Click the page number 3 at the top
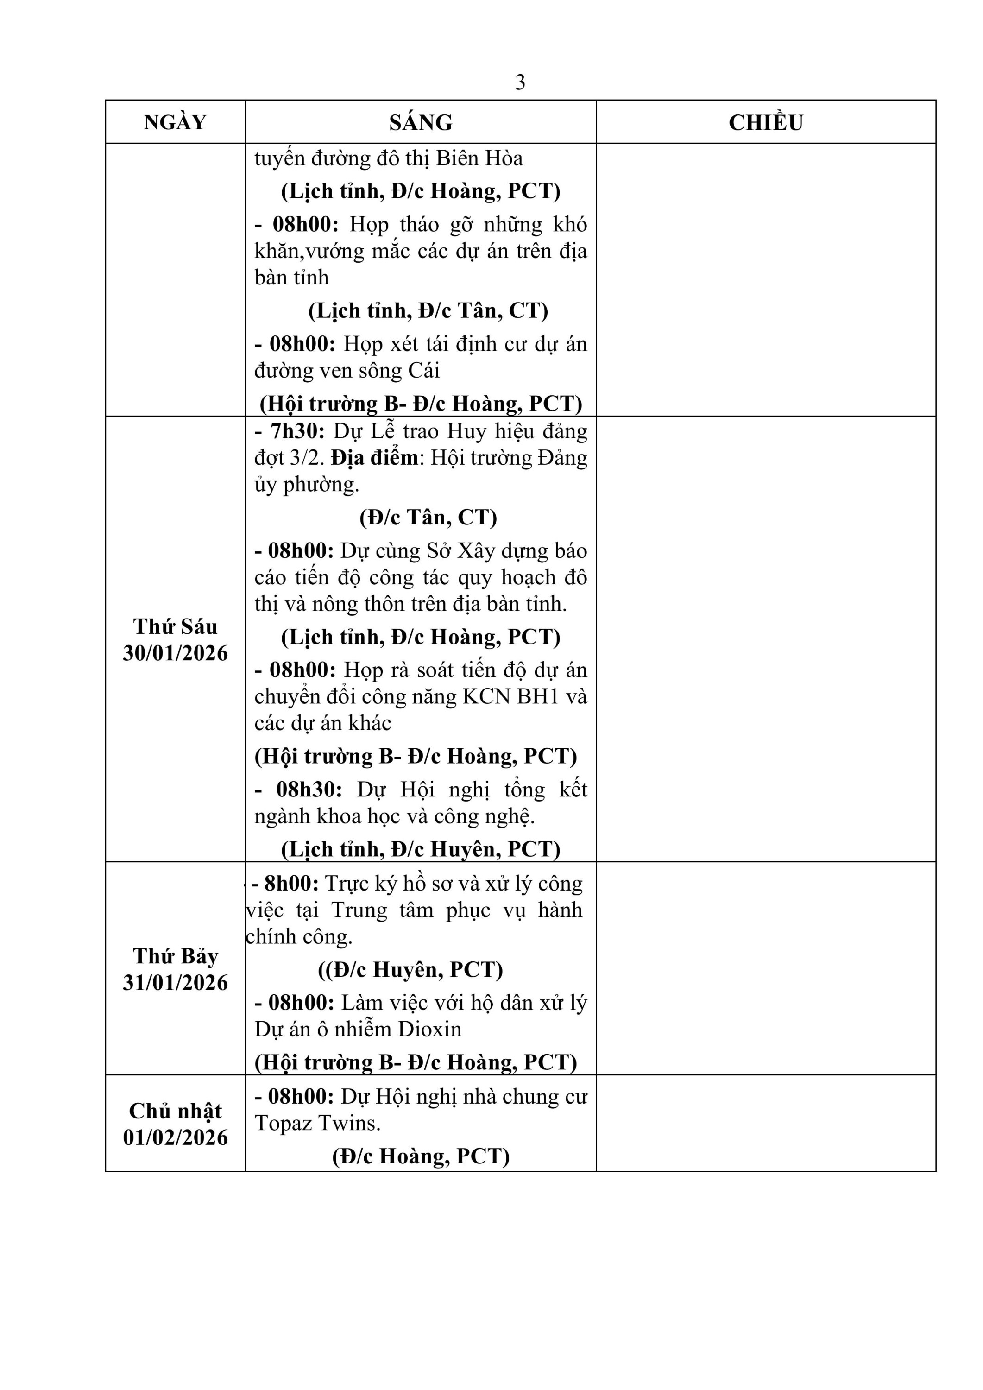[520, 82]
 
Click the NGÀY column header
[175, 122]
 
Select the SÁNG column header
[421, 122]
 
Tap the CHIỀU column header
[766, 122]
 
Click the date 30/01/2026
[175, 653]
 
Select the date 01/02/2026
[175, 1137]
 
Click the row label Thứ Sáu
[175, 626]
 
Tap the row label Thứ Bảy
[175, 956]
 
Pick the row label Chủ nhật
[175, 1111]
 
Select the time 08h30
[309, 790]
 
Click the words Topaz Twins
[317, 1124]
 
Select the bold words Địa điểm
[374, 458]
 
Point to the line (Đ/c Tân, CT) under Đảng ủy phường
[428, 518]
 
